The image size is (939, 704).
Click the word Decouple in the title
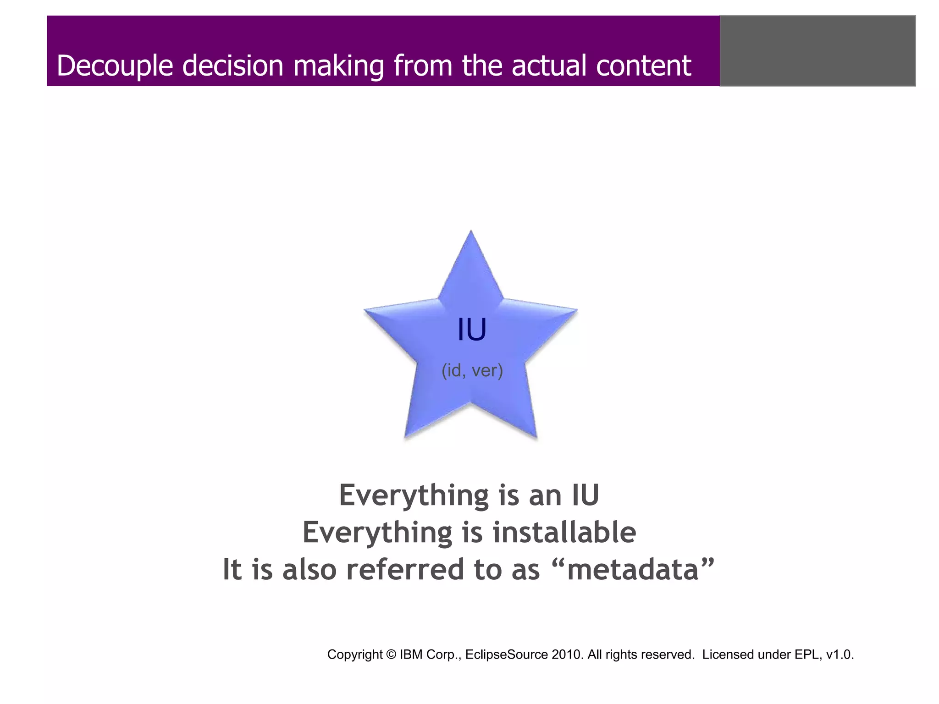point(115,66)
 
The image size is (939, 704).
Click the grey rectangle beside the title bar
point(817,51)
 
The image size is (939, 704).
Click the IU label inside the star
point(472,330)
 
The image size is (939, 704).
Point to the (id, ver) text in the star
point(472,370)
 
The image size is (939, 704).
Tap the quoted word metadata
point(633,570)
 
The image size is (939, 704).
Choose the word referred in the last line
point(405,570)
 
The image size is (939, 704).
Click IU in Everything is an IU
point(585,495)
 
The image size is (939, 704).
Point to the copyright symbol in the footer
point(391,654)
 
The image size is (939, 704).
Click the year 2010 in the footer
point(568,654)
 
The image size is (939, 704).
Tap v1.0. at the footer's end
point(840,654)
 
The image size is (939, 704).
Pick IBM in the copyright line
point(411,654)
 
